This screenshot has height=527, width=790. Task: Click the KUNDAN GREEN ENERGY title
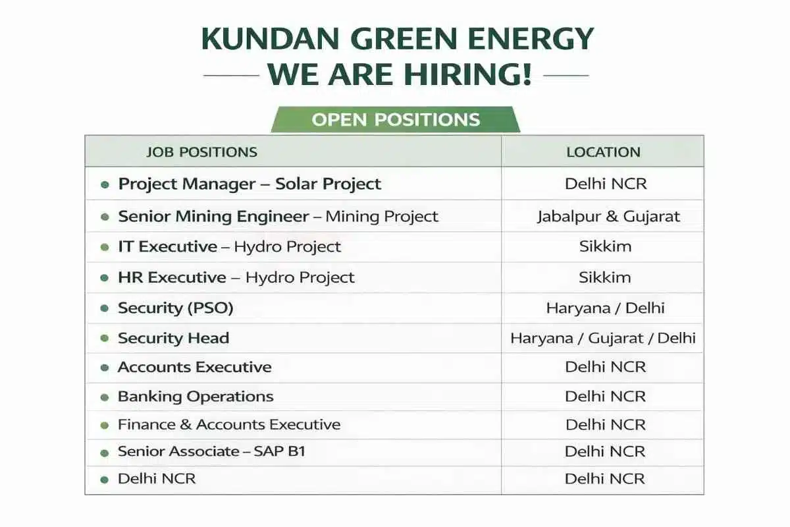click(397, 40)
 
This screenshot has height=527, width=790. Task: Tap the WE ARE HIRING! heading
click(399, 75)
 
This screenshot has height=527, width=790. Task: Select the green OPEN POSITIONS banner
click(396, 120)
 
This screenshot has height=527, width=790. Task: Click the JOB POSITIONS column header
click(201, 152)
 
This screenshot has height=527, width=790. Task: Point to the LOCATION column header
click(603, 152)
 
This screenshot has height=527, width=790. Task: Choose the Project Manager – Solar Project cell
click(250, 184)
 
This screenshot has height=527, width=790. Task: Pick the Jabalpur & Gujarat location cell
click(608, 216)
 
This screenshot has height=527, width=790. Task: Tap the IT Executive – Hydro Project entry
click(229, 247)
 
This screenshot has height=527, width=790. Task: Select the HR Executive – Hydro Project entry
click(236, 277)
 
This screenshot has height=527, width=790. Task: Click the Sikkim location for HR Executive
click(605, 277)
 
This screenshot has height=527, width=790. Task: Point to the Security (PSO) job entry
click(175, 308)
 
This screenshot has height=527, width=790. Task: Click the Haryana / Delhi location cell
click(605, 308)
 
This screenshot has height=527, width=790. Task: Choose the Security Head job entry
click(173, 338)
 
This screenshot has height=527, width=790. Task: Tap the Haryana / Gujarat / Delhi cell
click(603, 339)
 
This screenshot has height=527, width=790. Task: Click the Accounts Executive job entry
click(194, 367)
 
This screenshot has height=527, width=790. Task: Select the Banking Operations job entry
click(196, 397)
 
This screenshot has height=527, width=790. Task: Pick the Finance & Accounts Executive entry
click(229, 425)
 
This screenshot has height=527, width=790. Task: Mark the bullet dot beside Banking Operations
click(104, 397)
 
